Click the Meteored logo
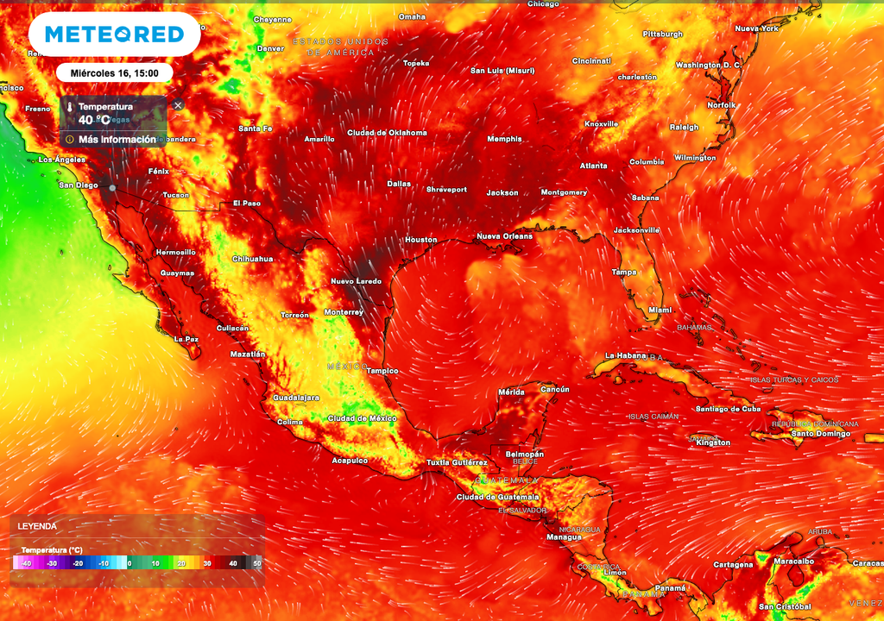[114, 34]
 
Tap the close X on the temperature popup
[178, 105]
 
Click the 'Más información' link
[117, 139]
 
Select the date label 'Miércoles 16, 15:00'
[114, 72]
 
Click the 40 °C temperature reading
[95, 120]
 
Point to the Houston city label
[421, 240]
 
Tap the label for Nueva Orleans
[504, 236]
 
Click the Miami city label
[660, 310]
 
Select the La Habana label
[626, 355]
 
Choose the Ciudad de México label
[362, 418]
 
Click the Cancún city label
[554, 389]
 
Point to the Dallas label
[399, 184]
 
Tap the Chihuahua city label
[252, 259]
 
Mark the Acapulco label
[350, 461]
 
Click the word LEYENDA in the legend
[36, 526]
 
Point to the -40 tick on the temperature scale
[26, 563]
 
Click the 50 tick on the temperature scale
[256, 563]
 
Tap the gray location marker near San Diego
[112, 187]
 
